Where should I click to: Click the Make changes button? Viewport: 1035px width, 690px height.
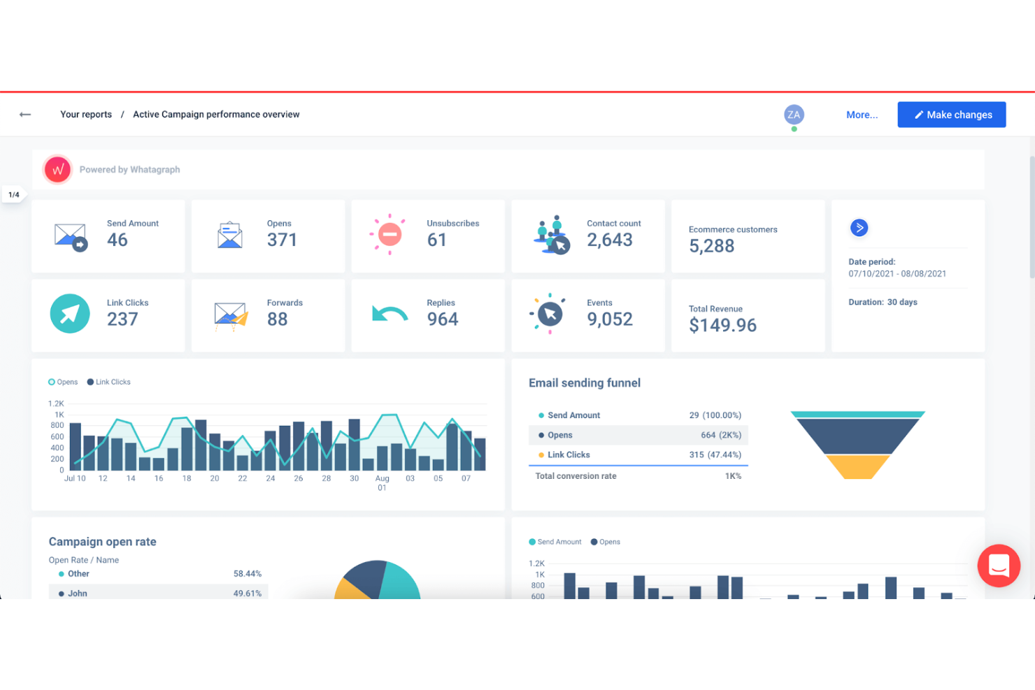click(x=951, y=115)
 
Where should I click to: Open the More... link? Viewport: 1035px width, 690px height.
click(x=862, y=115)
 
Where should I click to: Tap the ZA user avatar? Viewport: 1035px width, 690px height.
click(x=794, y=115)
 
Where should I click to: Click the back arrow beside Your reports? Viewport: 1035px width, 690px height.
click(x=25, y=115)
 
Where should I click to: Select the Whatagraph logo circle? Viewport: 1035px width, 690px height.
click(x=57, y=169)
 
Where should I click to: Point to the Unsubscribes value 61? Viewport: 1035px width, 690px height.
click(x=436, y=240)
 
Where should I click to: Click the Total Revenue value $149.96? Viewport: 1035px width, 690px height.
click(x=722, y=325)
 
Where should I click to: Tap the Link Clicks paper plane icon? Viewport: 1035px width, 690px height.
click(x=70, y=314)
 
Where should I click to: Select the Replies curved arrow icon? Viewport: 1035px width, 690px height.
click(x=390, y=314)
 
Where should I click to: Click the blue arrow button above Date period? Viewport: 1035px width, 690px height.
click(x=859, y=228)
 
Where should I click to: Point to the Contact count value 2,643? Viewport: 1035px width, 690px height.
click(x=609, y=240)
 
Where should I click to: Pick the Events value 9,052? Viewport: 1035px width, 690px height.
click(x=609, y=319)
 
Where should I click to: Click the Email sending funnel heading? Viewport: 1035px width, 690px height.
click(x=585, y=383)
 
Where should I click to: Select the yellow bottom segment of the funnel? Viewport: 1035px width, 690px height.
click(x=857, y=466)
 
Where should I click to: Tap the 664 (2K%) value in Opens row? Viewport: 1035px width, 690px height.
click(x=721, y=435)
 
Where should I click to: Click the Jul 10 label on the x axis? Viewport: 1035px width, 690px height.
click(x=75, y=478)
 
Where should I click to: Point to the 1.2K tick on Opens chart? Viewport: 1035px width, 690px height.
click(x=56, y=403)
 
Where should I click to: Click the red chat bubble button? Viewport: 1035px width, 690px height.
click(x=999, y=566)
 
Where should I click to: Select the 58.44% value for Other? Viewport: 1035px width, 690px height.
click(x=247, y=574)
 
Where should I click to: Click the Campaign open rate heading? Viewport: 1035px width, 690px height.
click(x=103, y=542)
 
